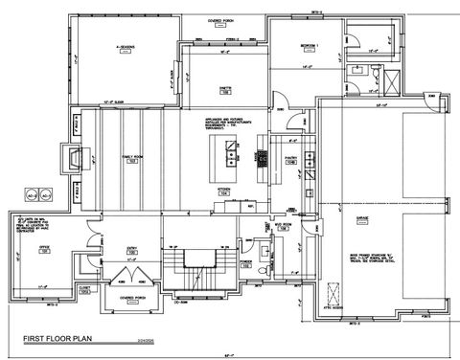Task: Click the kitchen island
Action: (x=231, y=154)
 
